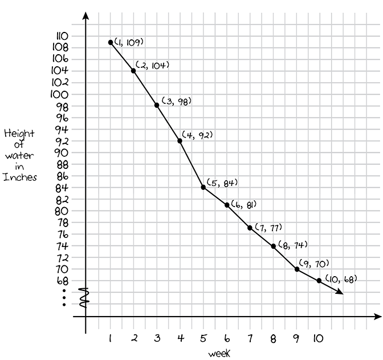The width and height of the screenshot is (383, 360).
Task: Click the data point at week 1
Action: [x=110, y=42]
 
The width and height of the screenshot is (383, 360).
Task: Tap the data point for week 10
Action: [x=319, y=281]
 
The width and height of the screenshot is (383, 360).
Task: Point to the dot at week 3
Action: [x=157, y=105]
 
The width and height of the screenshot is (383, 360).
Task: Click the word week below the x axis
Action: [x=219, y=354]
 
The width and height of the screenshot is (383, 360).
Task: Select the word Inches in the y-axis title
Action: [x=20, y=177]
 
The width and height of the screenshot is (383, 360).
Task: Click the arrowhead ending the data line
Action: [x=340, y=293]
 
